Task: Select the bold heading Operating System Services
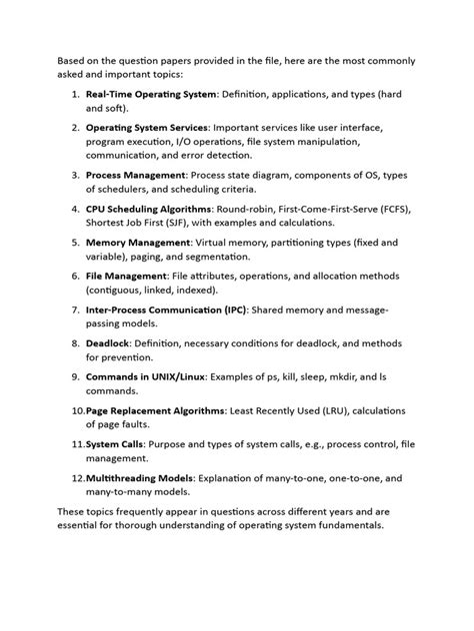(147, 129)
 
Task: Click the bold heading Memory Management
(137, 243)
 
